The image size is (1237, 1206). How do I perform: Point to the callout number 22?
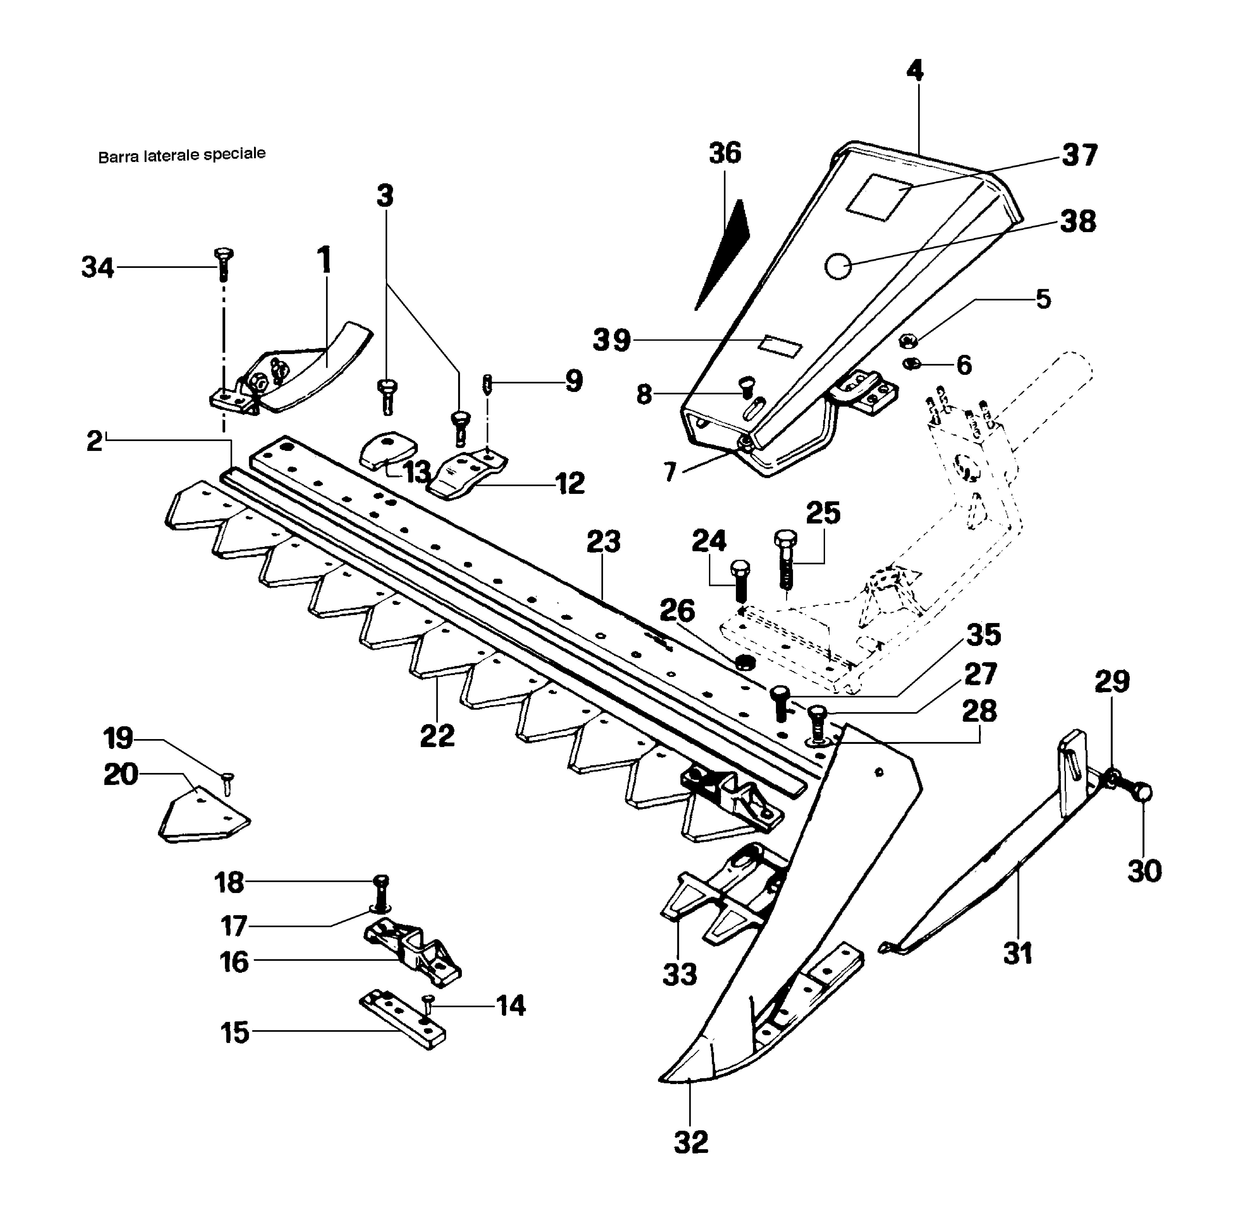(x=437, y=736)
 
